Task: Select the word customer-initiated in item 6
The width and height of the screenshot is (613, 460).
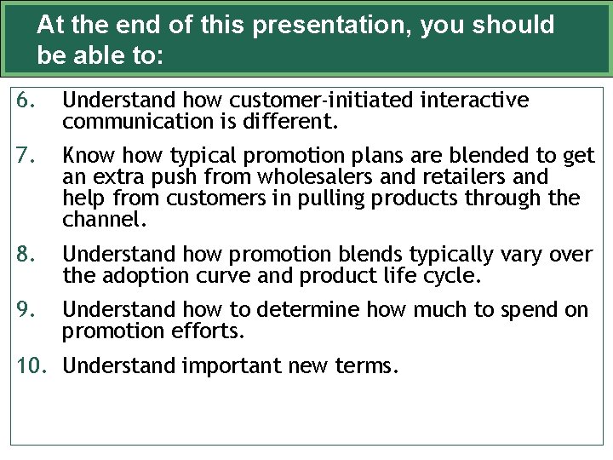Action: pyautogui.click(x=312, y=101)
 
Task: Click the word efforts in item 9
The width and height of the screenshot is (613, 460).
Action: pyautogui.click(x=208, y=331)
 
